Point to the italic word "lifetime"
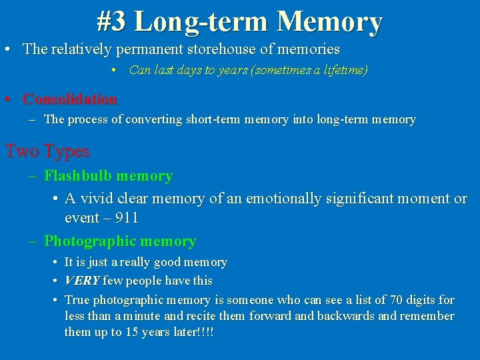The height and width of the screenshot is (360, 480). (x=343, y=70)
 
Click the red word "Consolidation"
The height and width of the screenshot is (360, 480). (x=70, y=99)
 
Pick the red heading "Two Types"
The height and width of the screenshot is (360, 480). (x=47, y=151)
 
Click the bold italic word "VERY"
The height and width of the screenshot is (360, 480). (x=82, y=281)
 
